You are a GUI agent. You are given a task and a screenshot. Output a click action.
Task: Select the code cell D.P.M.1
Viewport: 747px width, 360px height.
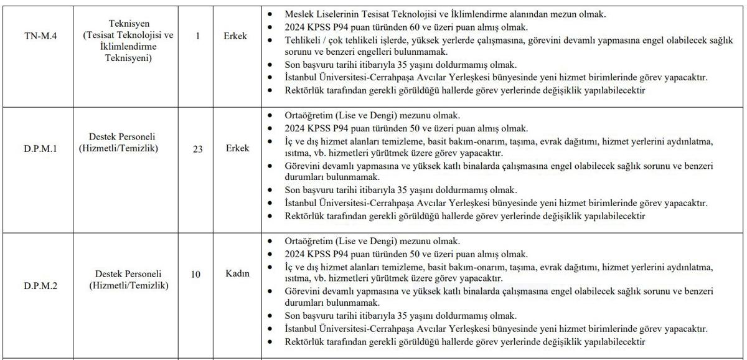(x=37, y=148)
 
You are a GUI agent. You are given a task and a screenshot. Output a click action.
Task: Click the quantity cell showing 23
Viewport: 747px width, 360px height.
(x=197, y=148)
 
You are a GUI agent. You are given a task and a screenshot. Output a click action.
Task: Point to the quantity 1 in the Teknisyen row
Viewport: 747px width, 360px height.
(x=197, y=36)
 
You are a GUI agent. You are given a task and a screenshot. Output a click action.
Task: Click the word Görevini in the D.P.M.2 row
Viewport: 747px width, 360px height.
(x=301, y=291)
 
